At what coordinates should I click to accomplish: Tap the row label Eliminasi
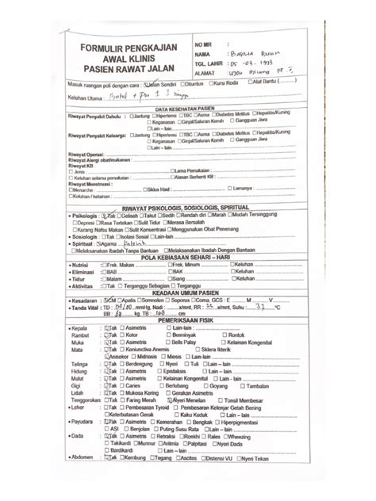click(83, 272)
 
